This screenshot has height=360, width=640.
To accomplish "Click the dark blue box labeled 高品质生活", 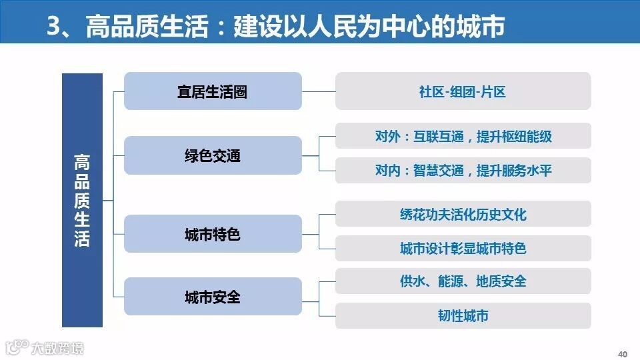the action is click(x=82, y=200).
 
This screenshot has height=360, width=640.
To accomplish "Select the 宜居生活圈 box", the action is click(x=213, y=91).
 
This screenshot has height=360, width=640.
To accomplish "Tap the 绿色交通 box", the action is click(x=213, y=156).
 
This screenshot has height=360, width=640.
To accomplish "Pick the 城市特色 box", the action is click(x=213, y=234).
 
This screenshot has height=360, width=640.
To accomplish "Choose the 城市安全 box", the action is click(x=213, y=297).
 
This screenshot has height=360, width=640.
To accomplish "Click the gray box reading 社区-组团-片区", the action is click(x=463, y=91).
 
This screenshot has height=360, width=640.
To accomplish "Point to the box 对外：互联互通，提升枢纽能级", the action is click(x=463, y=136).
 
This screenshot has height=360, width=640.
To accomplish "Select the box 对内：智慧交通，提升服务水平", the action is click(x=463, y=170).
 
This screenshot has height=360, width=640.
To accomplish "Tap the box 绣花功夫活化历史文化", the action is click(x=463, y=214).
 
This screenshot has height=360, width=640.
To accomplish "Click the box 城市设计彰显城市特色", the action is click(x=463, y=248).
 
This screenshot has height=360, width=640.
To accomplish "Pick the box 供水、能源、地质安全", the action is click(x=463, y=281).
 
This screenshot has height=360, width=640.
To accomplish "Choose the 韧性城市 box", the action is click(x=463, y=315).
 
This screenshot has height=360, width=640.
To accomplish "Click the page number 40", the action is click(x=623, y=353).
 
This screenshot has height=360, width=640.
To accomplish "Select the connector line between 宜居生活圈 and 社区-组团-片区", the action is click(x=318, y=91).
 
